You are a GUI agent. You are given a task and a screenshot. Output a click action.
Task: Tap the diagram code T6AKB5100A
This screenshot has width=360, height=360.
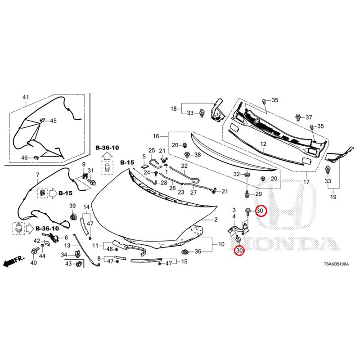336,264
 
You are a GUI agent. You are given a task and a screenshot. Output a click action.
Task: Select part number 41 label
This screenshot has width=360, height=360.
26,97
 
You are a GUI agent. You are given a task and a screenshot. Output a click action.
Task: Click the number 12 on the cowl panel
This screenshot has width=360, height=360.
263,144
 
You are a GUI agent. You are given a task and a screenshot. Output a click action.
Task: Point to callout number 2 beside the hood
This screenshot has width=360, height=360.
216,220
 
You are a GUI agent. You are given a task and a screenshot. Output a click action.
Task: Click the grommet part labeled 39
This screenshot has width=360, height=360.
73,216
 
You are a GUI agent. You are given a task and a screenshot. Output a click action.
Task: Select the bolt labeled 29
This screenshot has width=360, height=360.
247,195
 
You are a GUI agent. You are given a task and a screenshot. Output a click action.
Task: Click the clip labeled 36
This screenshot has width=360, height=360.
185,252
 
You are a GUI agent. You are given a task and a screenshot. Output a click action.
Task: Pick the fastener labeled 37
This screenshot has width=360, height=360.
298,117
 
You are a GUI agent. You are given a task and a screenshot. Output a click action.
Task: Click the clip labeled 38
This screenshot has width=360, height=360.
188,155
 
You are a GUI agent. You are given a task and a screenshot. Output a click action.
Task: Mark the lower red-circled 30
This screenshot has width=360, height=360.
239,250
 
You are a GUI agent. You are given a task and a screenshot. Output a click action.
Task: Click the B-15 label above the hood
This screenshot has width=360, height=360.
127,162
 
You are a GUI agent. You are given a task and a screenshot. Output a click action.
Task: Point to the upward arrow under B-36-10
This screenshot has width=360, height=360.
107,157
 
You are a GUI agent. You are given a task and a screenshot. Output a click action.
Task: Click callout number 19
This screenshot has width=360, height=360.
333,197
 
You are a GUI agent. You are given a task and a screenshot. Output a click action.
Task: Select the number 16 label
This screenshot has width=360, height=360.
156,136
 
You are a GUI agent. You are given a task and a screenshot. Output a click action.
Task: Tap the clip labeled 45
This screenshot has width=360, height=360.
42,120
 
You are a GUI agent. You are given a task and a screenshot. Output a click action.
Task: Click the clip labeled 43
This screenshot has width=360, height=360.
79,264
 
